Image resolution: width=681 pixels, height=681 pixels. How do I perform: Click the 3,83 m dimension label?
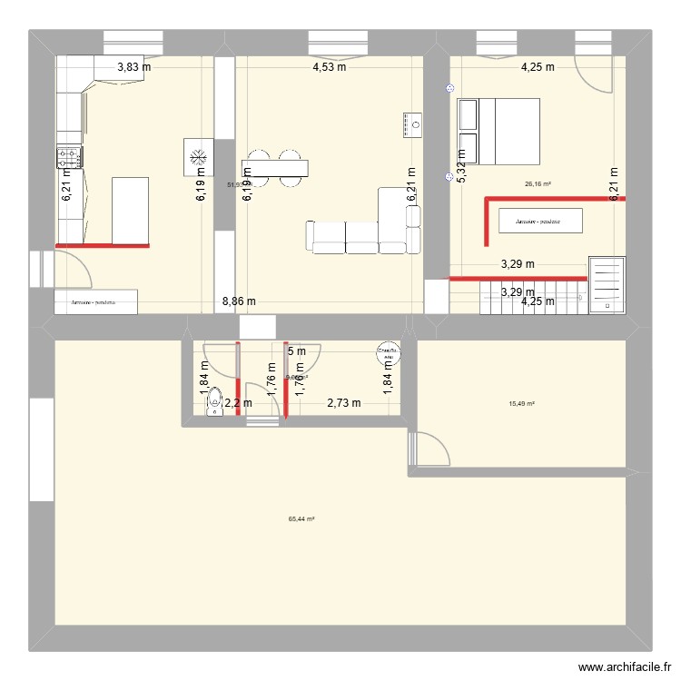133,65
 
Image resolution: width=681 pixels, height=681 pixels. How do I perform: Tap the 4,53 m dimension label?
329,65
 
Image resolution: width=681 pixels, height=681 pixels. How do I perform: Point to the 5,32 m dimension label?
460,166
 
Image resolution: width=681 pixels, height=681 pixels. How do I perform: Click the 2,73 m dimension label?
344,403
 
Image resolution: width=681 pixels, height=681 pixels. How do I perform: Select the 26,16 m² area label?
538,183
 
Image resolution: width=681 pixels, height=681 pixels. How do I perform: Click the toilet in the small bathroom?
215,403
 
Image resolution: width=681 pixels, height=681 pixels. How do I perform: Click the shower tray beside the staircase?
607,284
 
